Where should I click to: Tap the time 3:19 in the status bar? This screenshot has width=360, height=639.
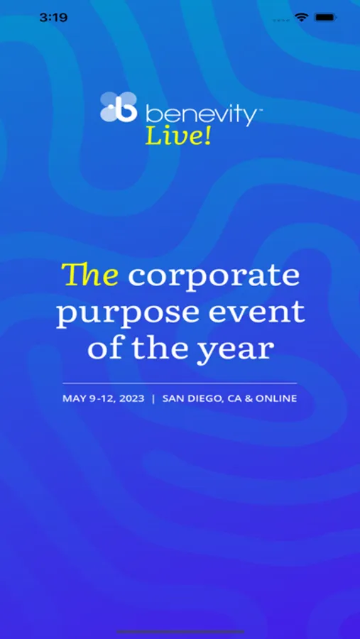click(53, 18)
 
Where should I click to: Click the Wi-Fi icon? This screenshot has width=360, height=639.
click(302, 17)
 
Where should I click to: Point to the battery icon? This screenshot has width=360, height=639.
click(325, 18)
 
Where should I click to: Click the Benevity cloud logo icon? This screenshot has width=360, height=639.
click(119, 106)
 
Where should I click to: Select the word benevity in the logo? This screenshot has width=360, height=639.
click(200, 114)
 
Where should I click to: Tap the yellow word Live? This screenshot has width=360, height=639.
click(178, 136)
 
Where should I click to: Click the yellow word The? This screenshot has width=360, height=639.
click(89, 274)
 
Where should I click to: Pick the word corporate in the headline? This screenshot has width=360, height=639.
click(214, 277)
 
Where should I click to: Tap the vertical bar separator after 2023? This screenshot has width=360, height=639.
click(153, 398)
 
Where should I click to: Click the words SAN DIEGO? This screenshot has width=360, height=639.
click(192, 398)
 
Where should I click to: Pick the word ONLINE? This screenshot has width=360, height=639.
click(276, 398)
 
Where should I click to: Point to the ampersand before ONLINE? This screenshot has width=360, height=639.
click(249, 398)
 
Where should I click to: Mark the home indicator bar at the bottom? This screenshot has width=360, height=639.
click(180, 632)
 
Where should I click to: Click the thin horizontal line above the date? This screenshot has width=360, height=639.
click(180, 383)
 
